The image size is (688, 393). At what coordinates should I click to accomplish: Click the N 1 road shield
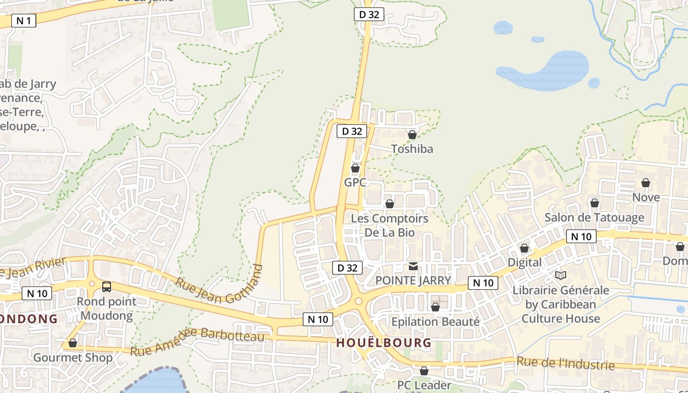pyautogui.click(x=24, y=21)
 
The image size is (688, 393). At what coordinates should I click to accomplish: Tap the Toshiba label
pyautogui.click(x=412, y=149)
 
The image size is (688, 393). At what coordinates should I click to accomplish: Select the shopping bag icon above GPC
pyautogui.click(x=355, y=168)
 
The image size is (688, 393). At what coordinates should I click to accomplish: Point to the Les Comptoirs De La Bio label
pyautogui.click(x=390, y=225)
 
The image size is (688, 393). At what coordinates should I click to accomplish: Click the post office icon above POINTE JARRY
pyautogui.click(x=413, y=266)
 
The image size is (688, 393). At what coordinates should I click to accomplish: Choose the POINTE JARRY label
pyautogui.click(x=413, y=280)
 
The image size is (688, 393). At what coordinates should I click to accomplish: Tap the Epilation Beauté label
pyautogui.click(x=435, y=322)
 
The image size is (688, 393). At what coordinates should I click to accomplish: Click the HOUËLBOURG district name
pyautogui.click(x=384, y=343)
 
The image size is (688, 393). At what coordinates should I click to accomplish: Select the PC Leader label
pyautogui.click(x=424, y=385)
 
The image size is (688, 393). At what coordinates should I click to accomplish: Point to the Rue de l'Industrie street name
pyautogui.click(x=565, y=364)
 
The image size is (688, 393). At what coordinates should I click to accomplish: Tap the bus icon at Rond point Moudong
pyautogui.click(x=106, y=287)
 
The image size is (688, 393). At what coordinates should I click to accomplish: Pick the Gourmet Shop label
pyautogui.click(x=73, y=358)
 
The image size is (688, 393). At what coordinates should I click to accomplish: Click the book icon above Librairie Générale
pyautogui.click(x=560, y=276)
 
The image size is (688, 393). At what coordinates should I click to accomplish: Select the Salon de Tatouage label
pyautogui.click(x=594, y=217)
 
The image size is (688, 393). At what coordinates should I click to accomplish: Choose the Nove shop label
pyautogui.click(x=646, y=197)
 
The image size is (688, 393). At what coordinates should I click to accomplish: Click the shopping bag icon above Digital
pyautogui.click(x=524, y=249)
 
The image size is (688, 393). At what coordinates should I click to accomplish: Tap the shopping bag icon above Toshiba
pyautogui.click(x=412, y=135)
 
